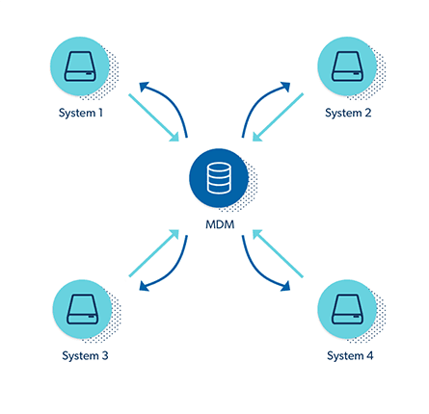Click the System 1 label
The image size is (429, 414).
81,113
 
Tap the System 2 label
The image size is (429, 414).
348,113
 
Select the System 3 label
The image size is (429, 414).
85,356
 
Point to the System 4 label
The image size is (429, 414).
350,356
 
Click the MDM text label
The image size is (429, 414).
220,224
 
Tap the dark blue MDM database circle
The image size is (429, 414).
219,178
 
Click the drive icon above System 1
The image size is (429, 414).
80,66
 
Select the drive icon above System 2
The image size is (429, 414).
347,66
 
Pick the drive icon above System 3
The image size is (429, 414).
83,309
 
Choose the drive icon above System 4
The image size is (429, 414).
347,309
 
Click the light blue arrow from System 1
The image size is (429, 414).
153,117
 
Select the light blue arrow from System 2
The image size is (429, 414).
278,117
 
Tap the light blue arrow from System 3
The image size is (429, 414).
153,253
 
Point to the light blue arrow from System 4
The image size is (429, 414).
278,253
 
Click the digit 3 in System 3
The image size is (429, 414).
105,355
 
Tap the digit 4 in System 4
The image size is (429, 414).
369,355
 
